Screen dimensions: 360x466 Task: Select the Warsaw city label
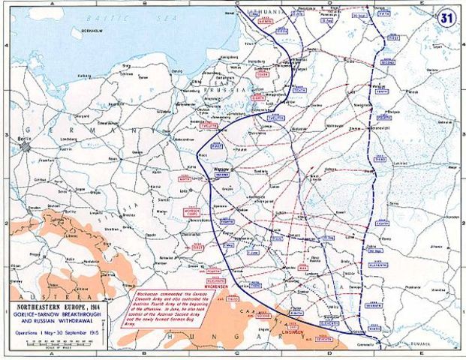tap(221, 169)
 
